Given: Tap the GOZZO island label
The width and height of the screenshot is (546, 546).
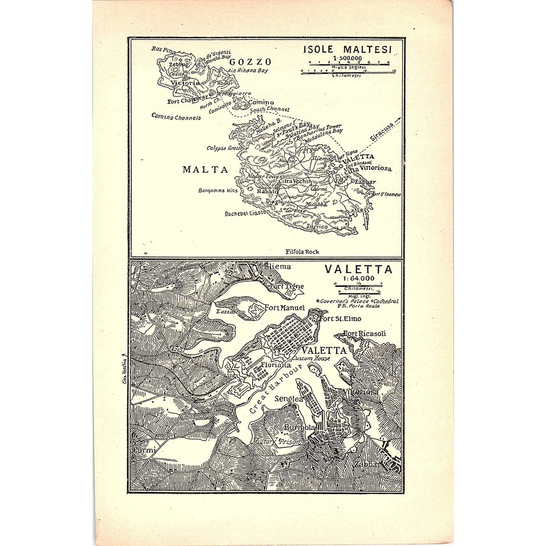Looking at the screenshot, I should click(250, 62).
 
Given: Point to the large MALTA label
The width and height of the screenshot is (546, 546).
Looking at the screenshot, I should click(206, 169).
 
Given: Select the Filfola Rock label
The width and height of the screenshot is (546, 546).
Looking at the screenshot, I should click(302, 251).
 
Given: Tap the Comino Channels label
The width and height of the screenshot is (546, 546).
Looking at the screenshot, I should click(176, 117).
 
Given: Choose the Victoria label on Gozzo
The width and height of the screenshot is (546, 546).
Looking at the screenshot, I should click(185, 83).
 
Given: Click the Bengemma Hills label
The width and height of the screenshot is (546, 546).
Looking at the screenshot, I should click(218, 190).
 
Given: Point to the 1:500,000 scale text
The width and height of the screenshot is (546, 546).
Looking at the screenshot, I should click(347, 58).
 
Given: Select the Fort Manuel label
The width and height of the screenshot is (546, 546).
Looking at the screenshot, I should click(285, 308).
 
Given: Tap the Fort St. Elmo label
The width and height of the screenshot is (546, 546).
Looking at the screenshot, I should click(340, 319).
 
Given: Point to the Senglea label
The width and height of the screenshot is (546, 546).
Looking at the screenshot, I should click(289, 399).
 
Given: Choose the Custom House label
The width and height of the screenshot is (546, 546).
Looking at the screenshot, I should click(311, 358).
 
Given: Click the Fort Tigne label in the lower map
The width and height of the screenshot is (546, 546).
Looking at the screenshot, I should click(287, 286).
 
